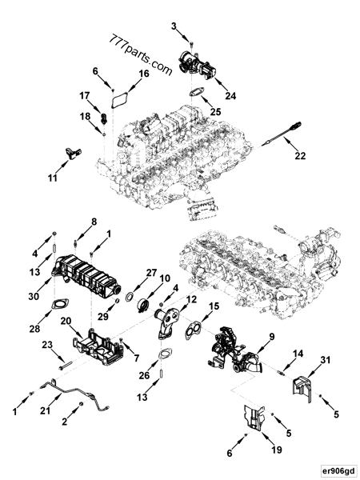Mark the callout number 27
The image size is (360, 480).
coord(151,274)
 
